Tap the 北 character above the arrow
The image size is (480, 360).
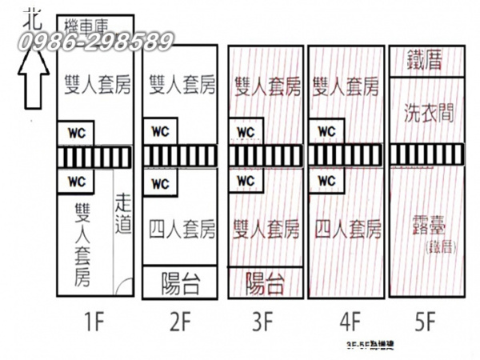coord(30,15)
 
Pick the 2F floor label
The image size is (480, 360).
coord(180,323)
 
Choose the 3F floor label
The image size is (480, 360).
coord(266,323)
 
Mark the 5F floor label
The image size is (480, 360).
coord(425,323)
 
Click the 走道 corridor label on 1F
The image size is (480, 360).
coord(123,214)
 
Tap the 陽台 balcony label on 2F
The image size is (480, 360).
coord(180,283)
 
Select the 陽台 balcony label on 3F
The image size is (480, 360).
coord(265,282)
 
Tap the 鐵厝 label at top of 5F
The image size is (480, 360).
coord(425,59)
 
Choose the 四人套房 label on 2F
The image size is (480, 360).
coord(182,230)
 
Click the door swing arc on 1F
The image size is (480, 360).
coord(124,285)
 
